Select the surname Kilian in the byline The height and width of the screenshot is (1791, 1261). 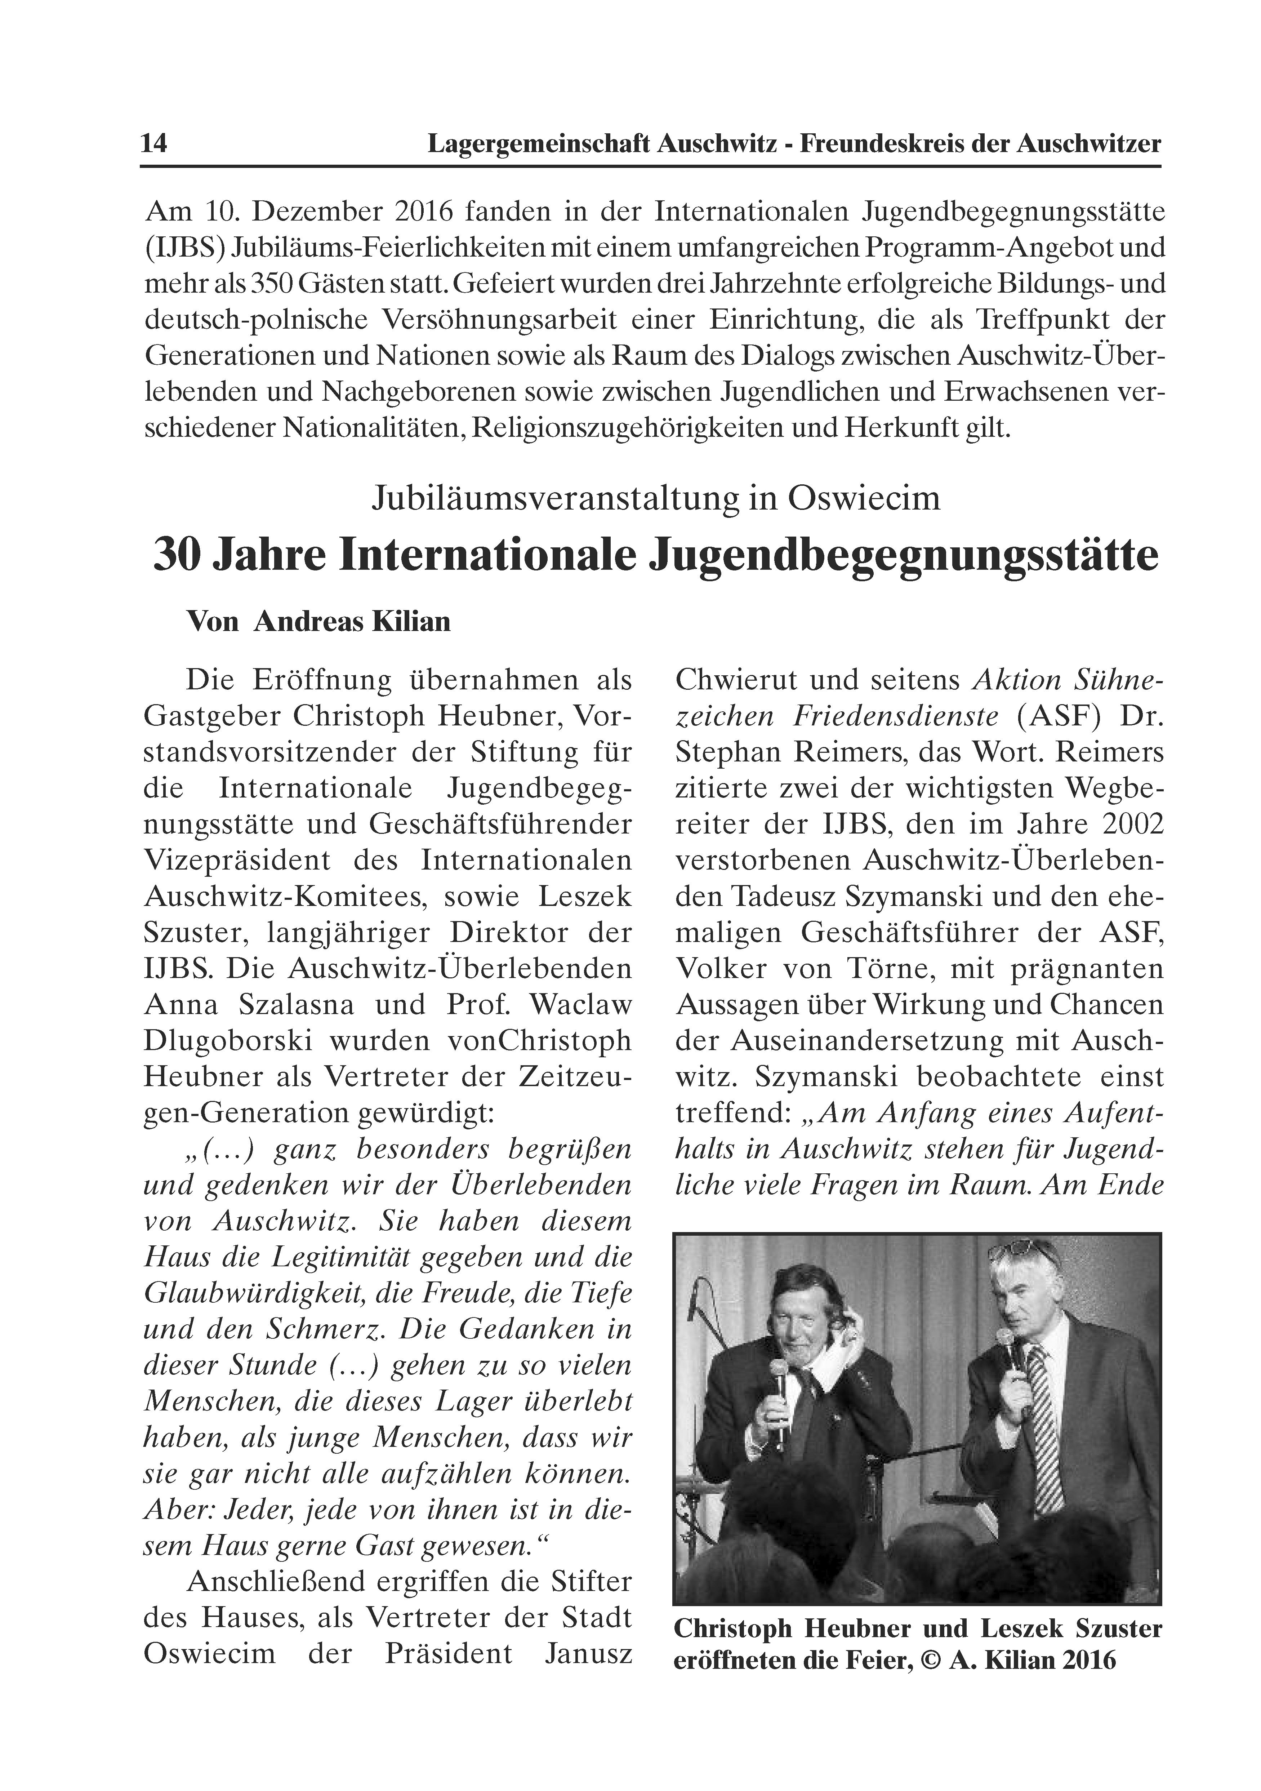pyautogui.click(x=409, y=622)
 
